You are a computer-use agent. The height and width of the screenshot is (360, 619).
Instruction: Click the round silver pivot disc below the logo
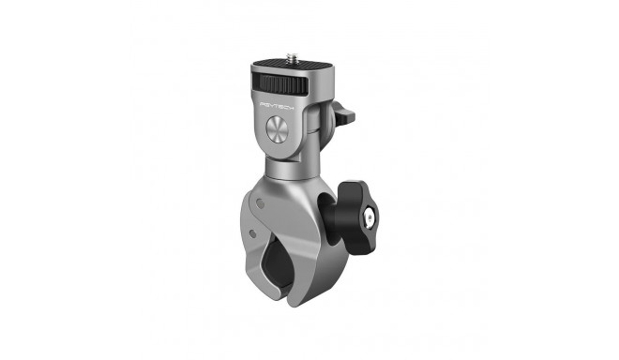coord(279,130)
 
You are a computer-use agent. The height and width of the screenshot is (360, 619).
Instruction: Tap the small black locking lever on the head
coord(345,117)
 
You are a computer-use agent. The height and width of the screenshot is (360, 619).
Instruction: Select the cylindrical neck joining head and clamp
coord(288,169)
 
